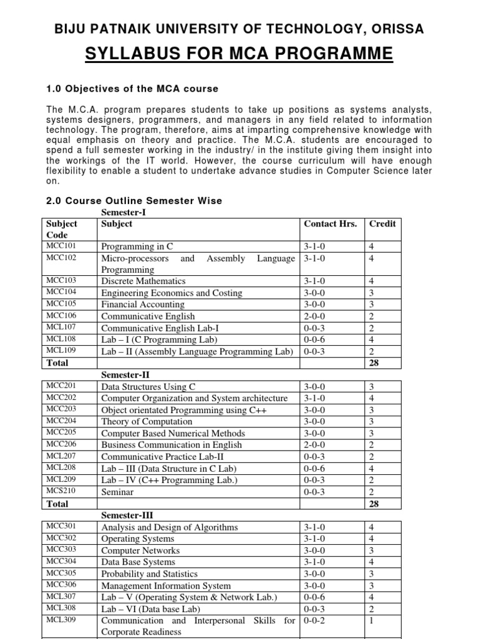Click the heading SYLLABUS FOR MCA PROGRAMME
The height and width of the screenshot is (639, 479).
[239, 54]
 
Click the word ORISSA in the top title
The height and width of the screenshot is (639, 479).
[397, 29]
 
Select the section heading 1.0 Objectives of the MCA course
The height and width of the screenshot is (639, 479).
[132, 89]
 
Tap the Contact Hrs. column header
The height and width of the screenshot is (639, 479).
[330, 224]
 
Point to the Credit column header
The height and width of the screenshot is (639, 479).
[382, 224]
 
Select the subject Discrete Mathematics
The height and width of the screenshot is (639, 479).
[143, 281]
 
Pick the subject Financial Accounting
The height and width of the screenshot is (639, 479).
[143, 305]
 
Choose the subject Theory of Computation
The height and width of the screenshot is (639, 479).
[147, 422]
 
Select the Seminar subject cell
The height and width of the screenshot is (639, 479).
[117, 492]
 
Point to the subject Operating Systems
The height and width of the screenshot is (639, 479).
[137, 539]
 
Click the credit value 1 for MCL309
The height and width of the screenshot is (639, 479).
[372, 621]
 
